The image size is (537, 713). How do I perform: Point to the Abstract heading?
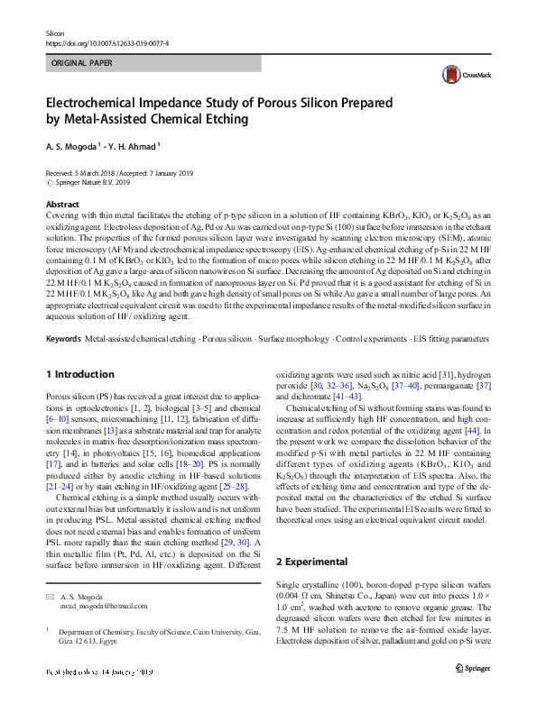tap(61, 205)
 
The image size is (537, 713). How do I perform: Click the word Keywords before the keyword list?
tap(63, 339)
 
